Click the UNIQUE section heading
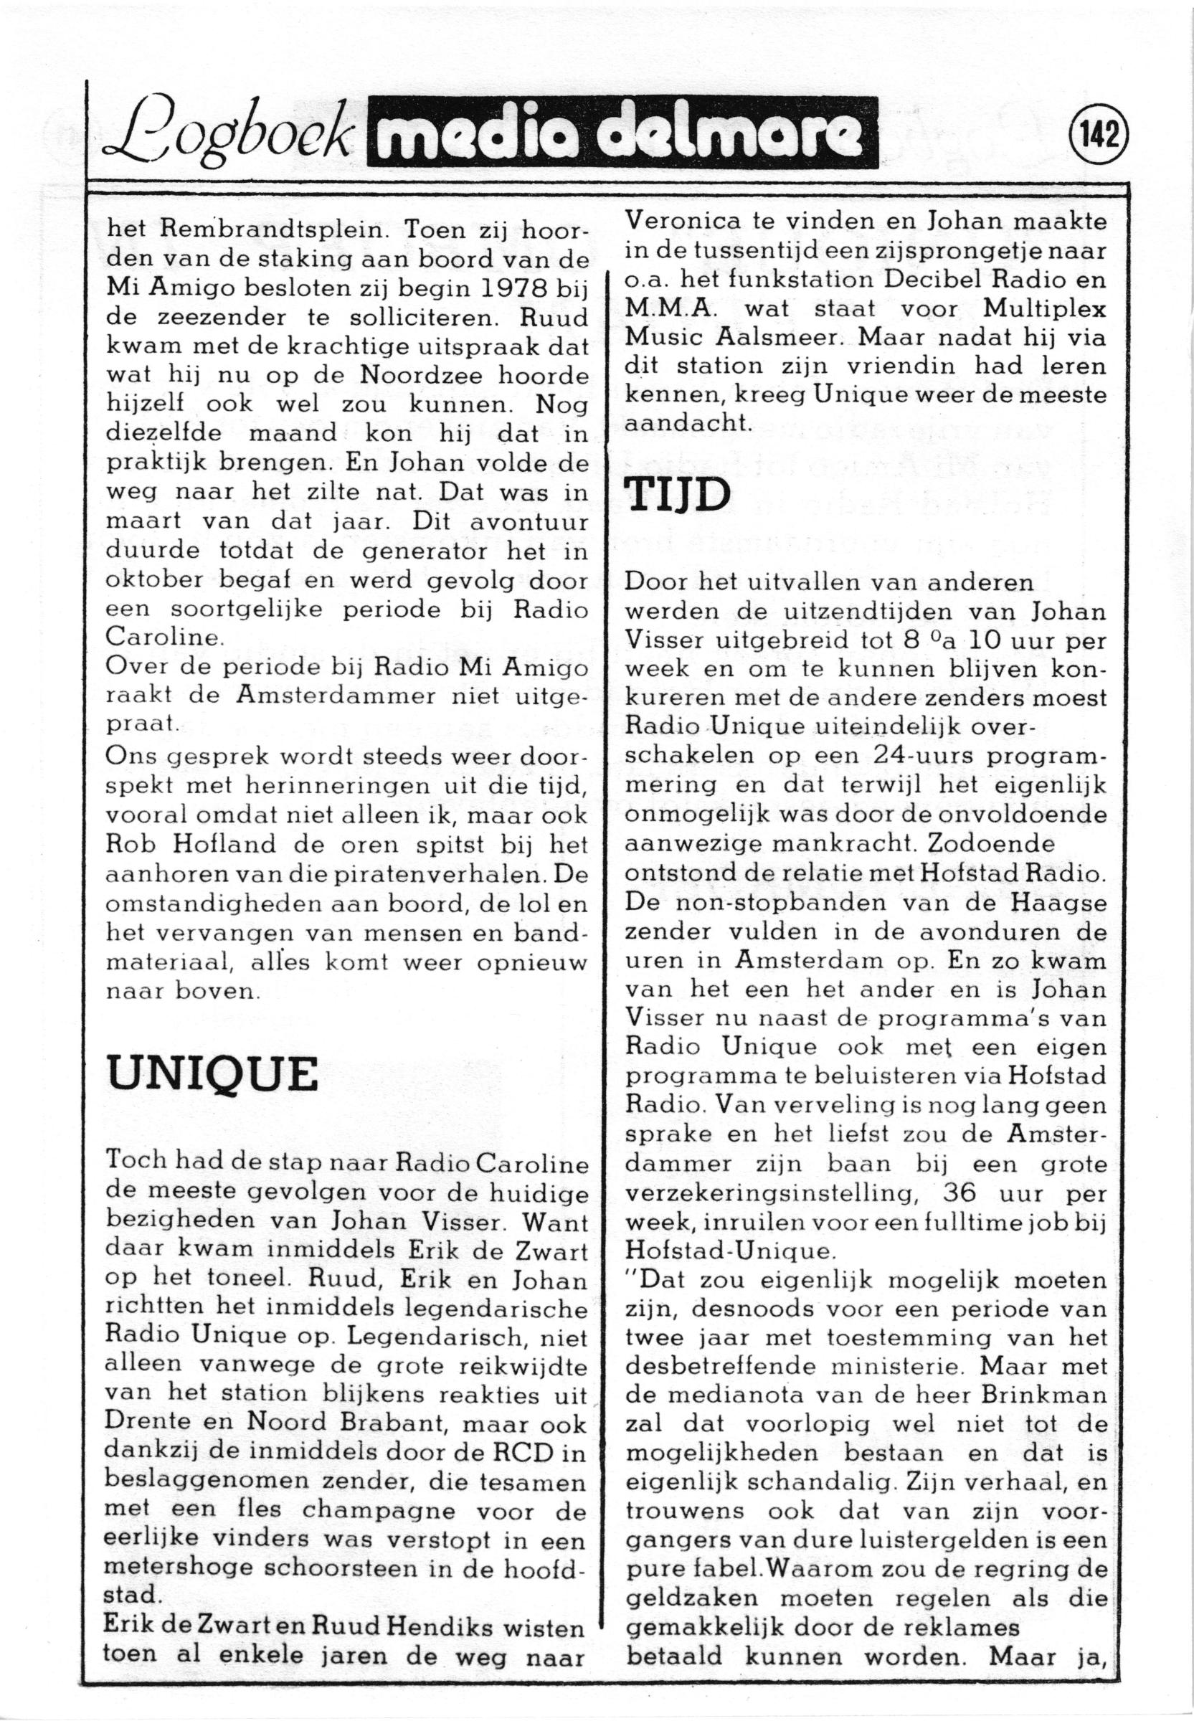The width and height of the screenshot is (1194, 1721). pos(212,1076)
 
